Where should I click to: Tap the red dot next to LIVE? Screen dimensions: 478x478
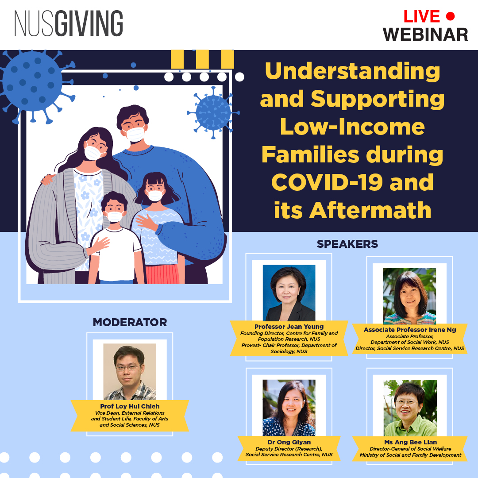point(450,16)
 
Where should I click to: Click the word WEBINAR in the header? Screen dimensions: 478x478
point(425,34)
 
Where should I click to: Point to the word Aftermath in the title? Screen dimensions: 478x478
point(370,210)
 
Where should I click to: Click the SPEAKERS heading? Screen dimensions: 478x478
point(347,244)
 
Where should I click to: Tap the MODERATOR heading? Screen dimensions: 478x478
point(130,322)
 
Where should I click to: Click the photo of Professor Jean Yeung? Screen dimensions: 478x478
point(289,293)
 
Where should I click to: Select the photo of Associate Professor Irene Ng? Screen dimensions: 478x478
point(409,296)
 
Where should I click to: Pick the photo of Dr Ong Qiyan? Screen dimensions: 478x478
point(289,408)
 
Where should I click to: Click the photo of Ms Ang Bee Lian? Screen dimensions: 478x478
point(410,408)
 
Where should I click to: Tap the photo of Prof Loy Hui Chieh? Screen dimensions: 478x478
point(130,372)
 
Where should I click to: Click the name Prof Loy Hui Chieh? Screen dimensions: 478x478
point(130,406)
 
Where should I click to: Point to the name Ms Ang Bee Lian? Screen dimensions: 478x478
point(410,443)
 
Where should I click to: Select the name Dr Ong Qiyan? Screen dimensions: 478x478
point(289,443)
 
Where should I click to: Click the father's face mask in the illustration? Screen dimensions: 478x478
point(135,133)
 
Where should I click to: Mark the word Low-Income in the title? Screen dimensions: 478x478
point(352,127)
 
